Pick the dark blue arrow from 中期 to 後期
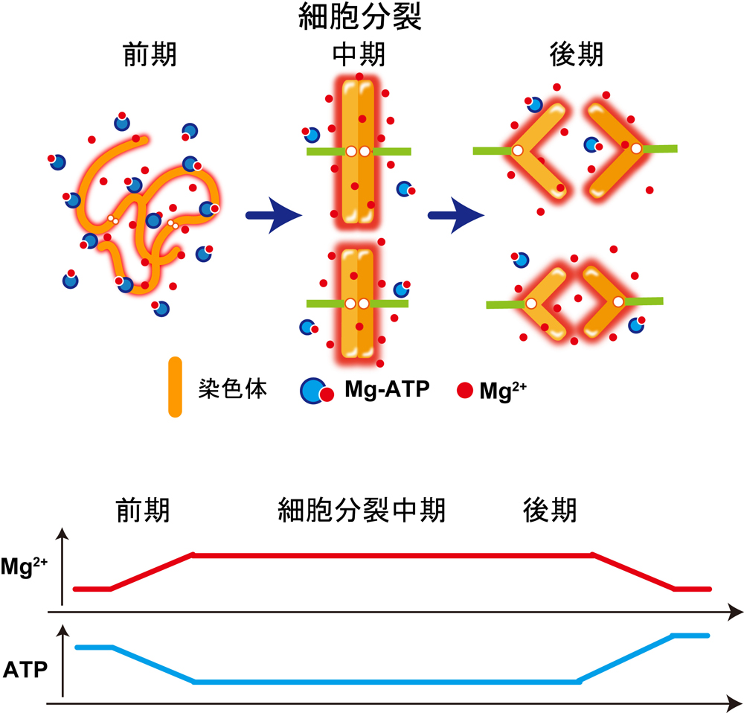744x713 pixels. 455,217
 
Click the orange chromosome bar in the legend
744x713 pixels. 175,387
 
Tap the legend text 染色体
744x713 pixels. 233,389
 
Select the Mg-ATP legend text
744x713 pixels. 387,389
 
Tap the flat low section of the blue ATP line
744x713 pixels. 387,682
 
